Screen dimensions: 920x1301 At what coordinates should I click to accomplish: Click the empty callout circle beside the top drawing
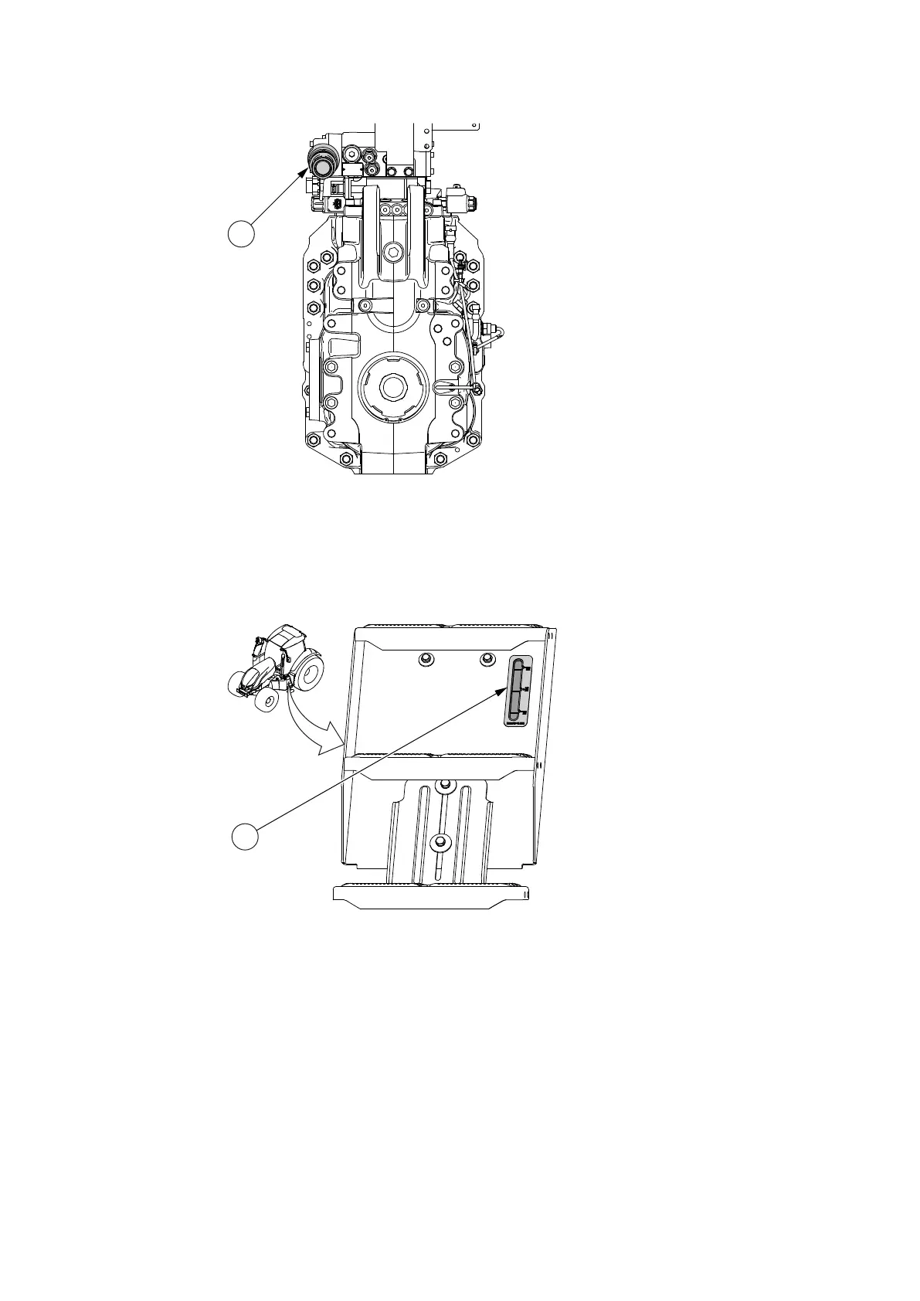[x=242, y=233]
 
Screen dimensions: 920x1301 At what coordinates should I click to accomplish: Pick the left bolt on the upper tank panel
[x=423, y=658]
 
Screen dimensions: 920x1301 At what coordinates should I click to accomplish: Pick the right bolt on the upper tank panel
[x=486, y=658]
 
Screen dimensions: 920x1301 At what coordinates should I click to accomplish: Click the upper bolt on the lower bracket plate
[x=442, y=786]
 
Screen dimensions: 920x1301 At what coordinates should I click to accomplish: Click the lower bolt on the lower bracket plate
[x=440, y=841]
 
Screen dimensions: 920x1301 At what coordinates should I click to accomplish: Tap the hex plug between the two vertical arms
[x=393, y=253]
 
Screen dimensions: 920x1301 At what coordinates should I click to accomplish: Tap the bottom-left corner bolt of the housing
[x=312, y=441]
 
